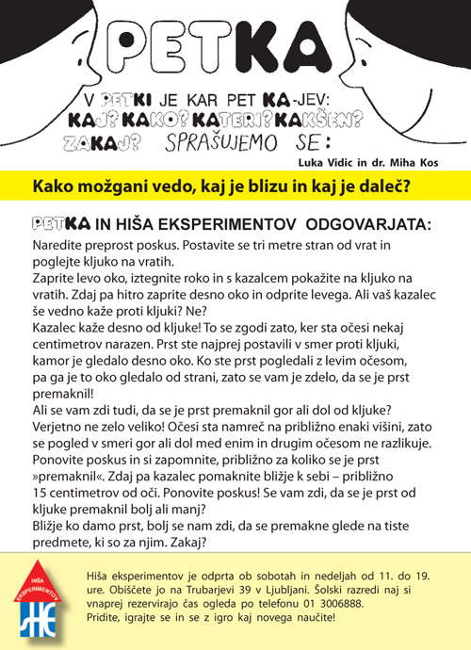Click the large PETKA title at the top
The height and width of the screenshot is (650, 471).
coord(235,48)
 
